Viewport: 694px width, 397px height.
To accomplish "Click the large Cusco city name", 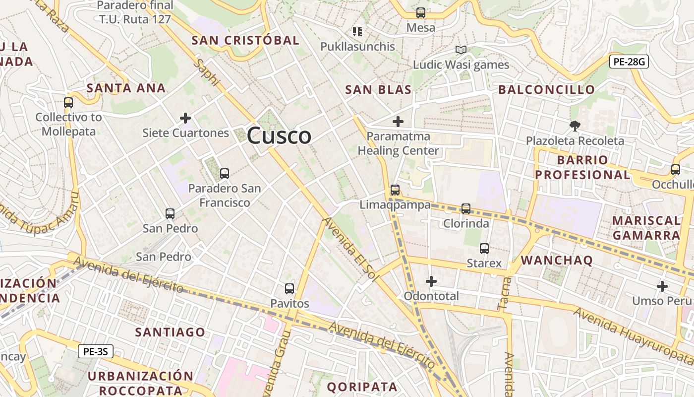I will click(x=279, y=135).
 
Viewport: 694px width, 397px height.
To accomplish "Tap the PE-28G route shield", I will click(x=629, y=62).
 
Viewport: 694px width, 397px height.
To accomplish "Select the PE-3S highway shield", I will click(x=96, y=352).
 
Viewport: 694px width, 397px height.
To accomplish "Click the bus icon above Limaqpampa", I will click(x=395, y=190).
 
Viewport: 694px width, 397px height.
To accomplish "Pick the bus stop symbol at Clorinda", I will click(x=466, y=208).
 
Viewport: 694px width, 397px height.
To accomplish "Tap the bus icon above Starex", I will click(x=484, y=248).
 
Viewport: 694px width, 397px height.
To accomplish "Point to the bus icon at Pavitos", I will click(x=289, y=288).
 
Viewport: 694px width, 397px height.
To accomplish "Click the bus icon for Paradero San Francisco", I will click(x=225, y=173).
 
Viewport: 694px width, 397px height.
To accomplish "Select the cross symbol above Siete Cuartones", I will click(x=185, y=118).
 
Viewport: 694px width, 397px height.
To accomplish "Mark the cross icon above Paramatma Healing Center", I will click(x=398, y=121).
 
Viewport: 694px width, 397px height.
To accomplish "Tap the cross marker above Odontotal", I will click(x=431, y=281).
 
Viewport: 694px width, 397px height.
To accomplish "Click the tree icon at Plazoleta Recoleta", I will click(x=575, y=126).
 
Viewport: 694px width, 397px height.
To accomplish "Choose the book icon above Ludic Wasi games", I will click(x=461, y=50).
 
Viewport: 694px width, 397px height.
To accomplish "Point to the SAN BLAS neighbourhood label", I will click(x=378, y=90).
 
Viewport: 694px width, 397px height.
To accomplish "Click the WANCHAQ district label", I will click(x=557, y=261).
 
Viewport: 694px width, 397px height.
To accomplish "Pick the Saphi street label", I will click(x=206, y=72).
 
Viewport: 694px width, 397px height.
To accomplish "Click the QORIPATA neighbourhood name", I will click(x=362, y=387).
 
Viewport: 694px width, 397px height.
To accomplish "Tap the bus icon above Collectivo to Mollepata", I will click(x=68, y=103).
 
